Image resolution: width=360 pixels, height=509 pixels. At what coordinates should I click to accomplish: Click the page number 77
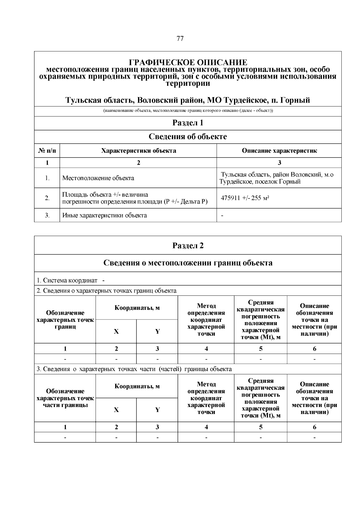180,38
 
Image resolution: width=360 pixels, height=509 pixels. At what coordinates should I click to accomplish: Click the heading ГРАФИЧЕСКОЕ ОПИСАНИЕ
188,62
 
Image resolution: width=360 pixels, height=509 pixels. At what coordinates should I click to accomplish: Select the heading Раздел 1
188,123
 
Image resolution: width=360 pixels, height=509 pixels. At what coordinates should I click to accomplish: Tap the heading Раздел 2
188,245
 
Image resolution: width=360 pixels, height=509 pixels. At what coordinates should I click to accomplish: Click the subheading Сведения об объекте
188,137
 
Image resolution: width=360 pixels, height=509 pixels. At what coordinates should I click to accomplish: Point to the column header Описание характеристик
279,151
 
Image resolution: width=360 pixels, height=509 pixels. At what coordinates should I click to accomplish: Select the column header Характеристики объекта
138,151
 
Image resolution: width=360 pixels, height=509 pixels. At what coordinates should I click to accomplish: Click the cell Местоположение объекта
98,178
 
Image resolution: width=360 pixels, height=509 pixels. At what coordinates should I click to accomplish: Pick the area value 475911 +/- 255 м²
245,198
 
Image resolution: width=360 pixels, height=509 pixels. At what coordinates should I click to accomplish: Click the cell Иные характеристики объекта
104,215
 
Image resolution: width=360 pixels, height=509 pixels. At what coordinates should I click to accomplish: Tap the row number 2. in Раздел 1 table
47,198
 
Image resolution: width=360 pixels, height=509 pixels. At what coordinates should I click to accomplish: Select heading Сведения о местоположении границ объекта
188,263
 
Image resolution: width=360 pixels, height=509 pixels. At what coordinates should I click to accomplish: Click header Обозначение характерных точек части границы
65,398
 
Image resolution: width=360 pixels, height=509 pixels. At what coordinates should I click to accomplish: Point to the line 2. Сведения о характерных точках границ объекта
106,291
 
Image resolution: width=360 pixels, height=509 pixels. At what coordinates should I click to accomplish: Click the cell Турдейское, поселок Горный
260,182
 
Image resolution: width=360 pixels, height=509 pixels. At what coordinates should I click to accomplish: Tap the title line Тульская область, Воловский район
188,100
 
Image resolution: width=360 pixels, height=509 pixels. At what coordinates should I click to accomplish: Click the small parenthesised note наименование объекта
188,111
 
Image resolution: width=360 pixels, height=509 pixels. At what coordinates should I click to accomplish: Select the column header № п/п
47,151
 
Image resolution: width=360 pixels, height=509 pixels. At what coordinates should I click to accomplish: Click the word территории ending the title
188,84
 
